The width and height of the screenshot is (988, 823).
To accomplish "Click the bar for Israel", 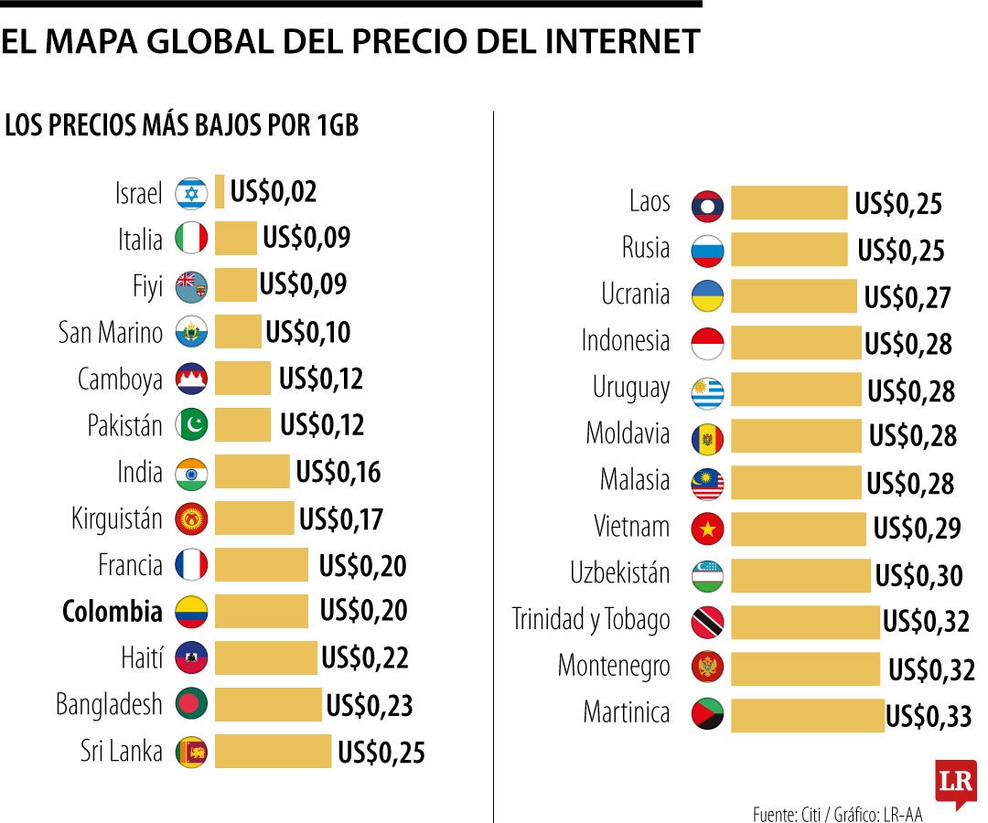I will click(220, 192).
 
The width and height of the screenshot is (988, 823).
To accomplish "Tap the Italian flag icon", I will click(191, 239).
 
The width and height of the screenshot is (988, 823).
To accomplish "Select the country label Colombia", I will click(113, 611).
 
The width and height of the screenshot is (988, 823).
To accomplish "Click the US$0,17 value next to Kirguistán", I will click(341, 519).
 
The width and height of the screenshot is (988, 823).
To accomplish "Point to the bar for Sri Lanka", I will click(273, 751).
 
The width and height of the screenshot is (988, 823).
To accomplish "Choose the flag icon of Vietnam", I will click(707, 528).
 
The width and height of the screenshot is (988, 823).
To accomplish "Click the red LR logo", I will click(955, 783).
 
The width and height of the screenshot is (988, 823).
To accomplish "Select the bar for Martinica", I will click(807, 714).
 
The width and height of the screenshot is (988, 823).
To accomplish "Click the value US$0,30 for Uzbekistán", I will click(918, 576).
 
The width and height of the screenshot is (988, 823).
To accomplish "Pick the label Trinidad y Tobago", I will click(591, 620).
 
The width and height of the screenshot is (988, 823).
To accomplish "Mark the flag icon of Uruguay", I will click(707, 391).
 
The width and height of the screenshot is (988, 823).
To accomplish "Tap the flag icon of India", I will click(191, 473).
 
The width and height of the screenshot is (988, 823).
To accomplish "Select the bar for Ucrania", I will click(793, 295).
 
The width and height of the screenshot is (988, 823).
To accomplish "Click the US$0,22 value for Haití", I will click(364, 657).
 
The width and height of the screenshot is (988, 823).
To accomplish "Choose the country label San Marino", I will click(111, 332).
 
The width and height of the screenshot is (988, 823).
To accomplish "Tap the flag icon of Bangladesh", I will click(191, 704).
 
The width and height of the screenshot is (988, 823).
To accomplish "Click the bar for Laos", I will click(789, 202).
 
